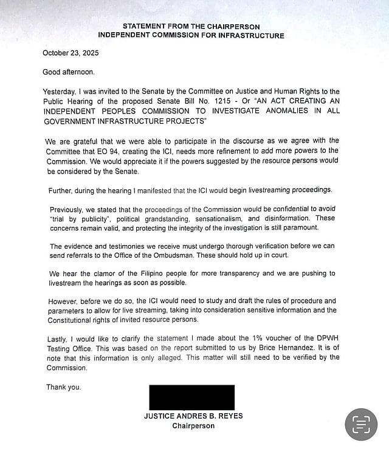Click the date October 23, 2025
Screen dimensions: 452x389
pyautogui.click(x=71, y=53)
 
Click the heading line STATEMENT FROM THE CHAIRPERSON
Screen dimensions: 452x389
pyautogui.click(x=191, y=27)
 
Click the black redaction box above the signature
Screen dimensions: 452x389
pyautogui.click(x=191, y=397)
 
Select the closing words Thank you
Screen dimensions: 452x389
pyautogui.click(x=63, y=386)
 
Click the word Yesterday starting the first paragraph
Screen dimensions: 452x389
pyautogui.click(x=61, y=91)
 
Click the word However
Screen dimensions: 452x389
pyautogui.click(x=64, y=300)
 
